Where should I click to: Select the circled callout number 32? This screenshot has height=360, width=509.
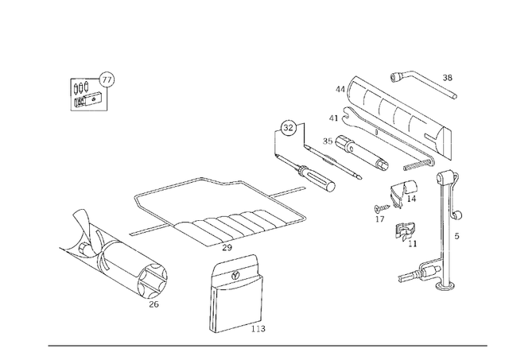click(288, 127)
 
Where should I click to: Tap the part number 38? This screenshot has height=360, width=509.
click(447, 78)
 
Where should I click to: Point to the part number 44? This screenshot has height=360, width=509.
click(340, 90)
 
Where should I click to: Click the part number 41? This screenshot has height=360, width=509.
click(335, 118)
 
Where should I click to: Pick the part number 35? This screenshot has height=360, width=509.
click(327, 141)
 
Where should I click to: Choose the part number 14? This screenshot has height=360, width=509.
click(411, 199)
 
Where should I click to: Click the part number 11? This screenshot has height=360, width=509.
click(412, 243)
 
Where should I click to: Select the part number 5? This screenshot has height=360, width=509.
click(457, 235)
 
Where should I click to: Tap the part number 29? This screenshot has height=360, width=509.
click(227, 248)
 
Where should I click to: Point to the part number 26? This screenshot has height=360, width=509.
click(153, 303)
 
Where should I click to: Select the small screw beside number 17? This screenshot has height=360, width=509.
click(380, 209)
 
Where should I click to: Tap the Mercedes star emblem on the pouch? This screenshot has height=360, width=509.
click(236, 273)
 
